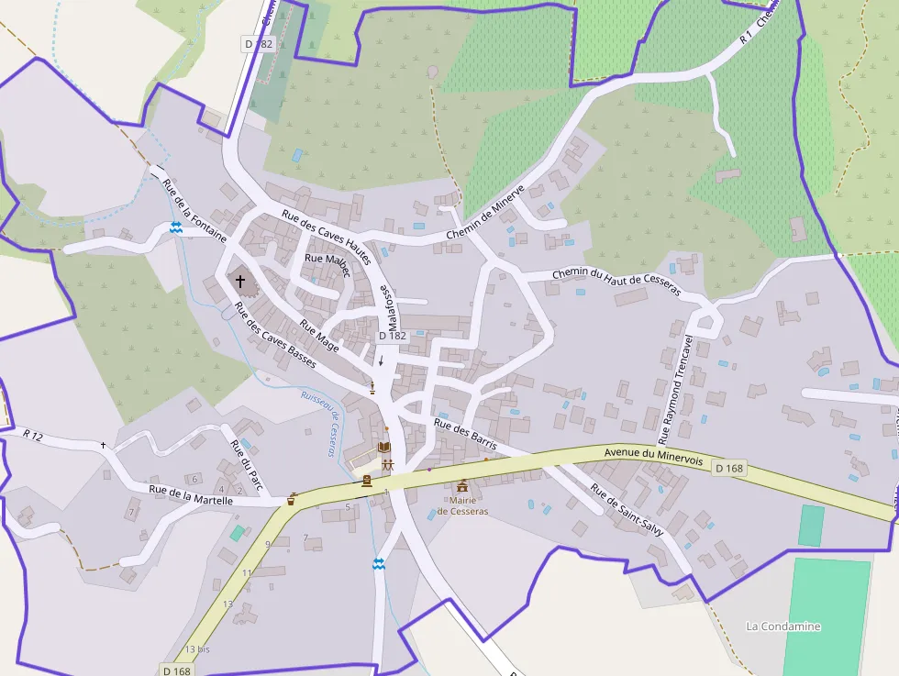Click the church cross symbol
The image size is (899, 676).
coord(240,281)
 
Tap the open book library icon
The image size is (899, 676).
coord(385,448)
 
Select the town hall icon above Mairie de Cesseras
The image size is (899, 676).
coord(462,485)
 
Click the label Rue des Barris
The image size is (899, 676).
coord(465,434)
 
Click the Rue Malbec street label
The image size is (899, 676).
coord(327,260)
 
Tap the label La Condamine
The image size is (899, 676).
coord(783,626)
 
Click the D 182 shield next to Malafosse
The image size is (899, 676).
coord(392,336)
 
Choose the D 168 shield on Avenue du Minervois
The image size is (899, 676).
coord(730,469)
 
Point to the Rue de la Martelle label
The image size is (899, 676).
coord(191,495)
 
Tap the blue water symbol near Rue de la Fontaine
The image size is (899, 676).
coord(175,227)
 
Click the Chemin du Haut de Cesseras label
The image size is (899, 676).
coord(616,282)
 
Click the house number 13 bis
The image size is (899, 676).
coord(197,648)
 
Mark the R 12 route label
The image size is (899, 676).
coord(33,434)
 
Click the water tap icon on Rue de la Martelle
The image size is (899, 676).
coord(293,500)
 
